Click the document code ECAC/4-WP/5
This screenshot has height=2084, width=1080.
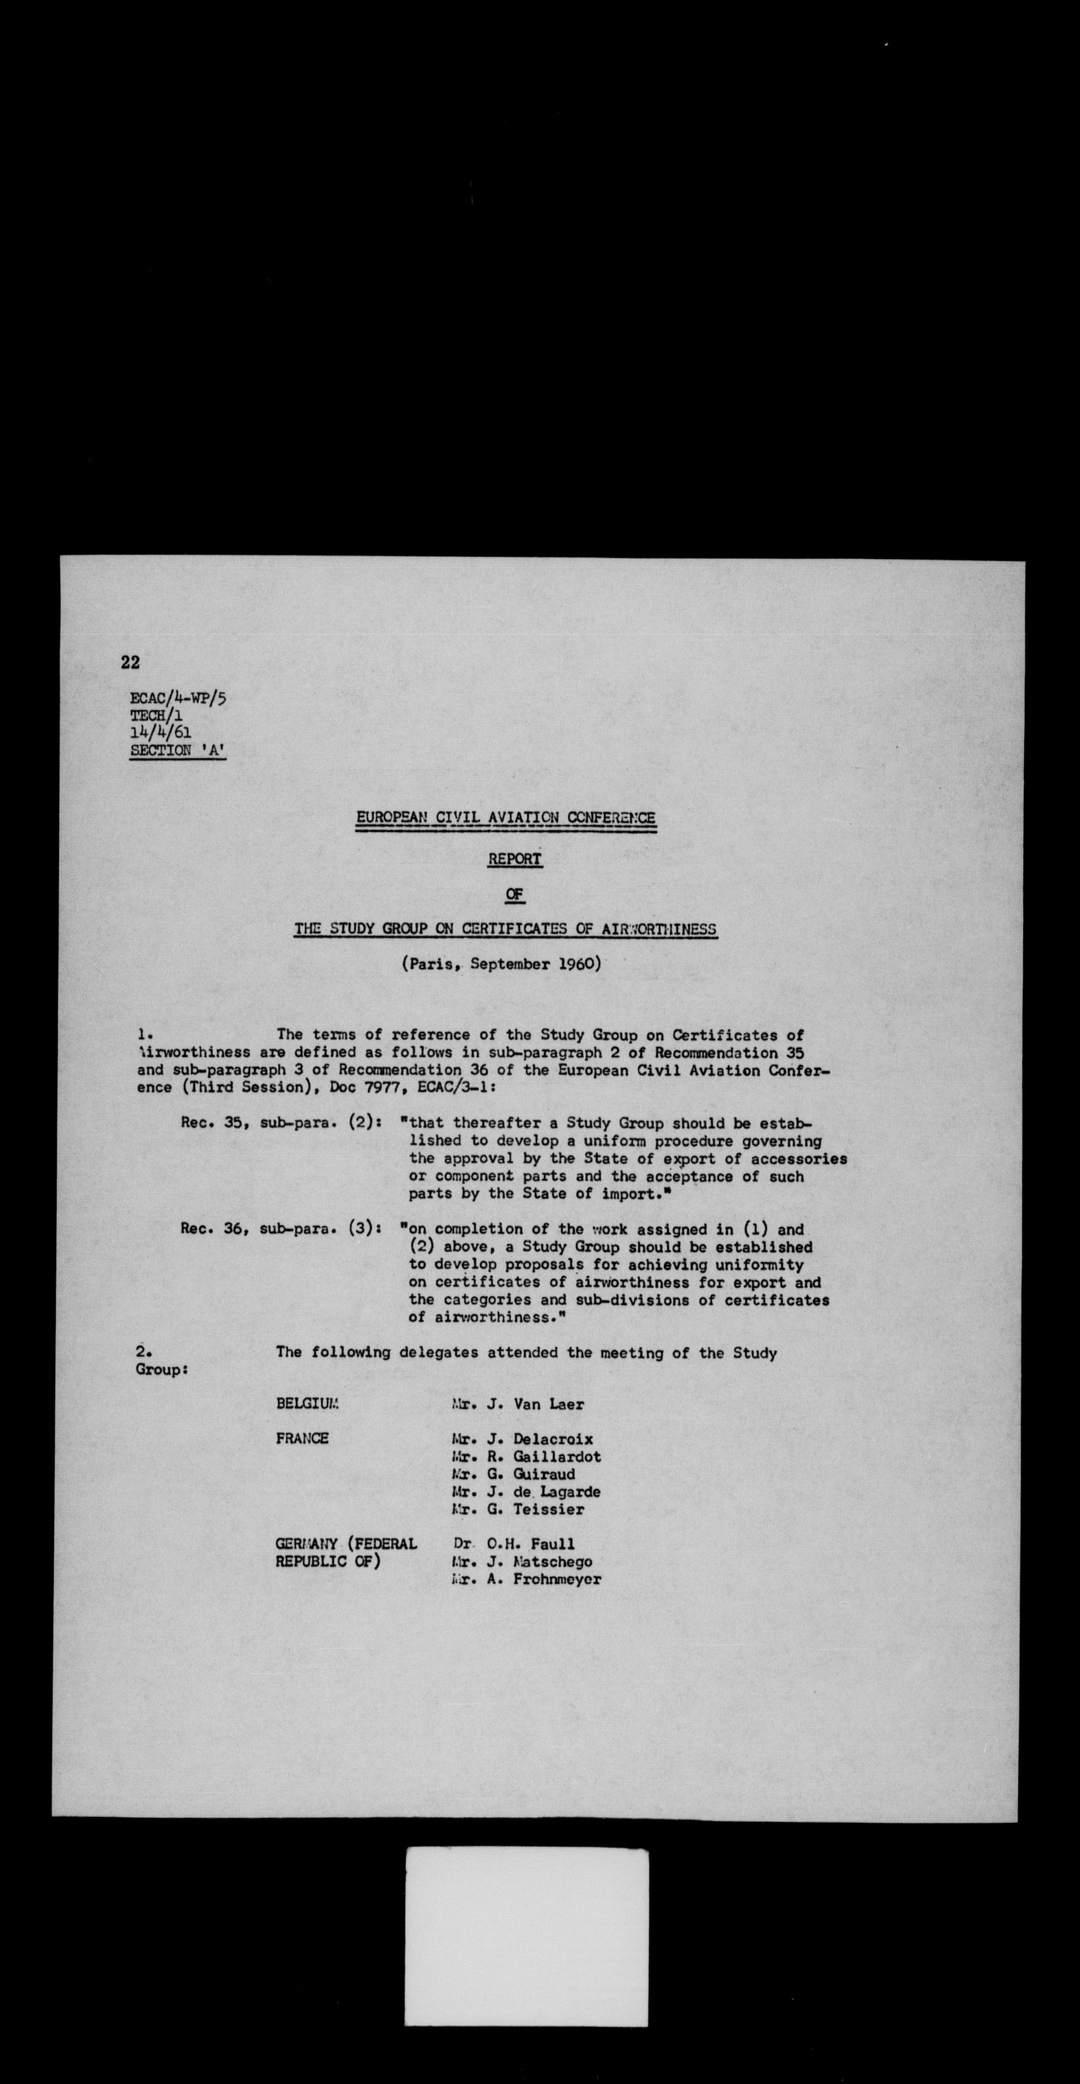click(178, 697)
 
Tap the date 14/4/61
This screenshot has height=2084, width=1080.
click(160, 733)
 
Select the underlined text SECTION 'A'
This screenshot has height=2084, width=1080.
click(178, 750)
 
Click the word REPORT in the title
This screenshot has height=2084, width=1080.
click(514, 859)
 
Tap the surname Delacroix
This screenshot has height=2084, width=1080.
click(553, 1439)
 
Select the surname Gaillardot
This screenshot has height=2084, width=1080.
click(557, 1456)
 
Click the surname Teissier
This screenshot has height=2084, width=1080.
click(548, 1509)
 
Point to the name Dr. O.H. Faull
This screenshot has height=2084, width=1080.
click(514, 1544)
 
